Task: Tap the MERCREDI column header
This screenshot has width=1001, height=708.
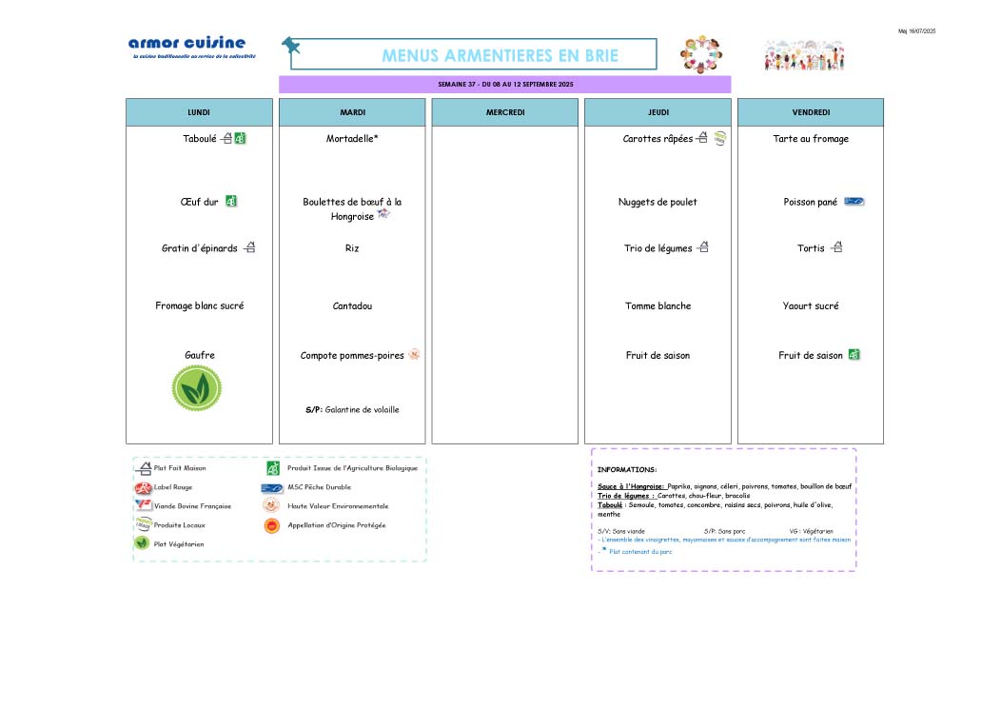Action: [504, 112]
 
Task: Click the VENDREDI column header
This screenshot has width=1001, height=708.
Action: [810, 112]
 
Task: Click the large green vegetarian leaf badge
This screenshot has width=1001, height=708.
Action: [197, 388]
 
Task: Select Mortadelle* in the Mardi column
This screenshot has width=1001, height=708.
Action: [352, 139]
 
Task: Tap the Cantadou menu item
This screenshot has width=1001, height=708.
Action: [352, 306]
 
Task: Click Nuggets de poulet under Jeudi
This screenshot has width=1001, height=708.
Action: [658, 202]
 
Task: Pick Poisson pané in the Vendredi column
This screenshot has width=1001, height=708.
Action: [811, 202]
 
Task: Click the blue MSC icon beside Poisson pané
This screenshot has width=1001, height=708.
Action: [854, 202]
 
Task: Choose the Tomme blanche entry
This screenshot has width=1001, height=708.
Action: [658, 306]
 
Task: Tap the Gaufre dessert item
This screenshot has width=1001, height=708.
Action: [200, 356]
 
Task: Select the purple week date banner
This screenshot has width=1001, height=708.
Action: [504, 85]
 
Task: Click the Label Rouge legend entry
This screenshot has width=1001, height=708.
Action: [172, 487]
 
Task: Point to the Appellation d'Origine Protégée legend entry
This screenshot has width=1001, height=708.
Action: [336, 525]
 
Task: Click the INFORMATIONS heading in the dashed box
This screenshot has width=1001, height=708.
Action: [627, 470]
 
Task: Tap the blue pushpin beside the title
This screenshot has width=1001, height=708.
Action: [290, 45]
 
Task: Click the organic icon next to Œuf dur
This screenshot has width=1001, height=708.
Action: [231, 202]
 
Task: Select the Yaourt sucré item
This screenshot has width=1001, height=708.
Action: [811, 306]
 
